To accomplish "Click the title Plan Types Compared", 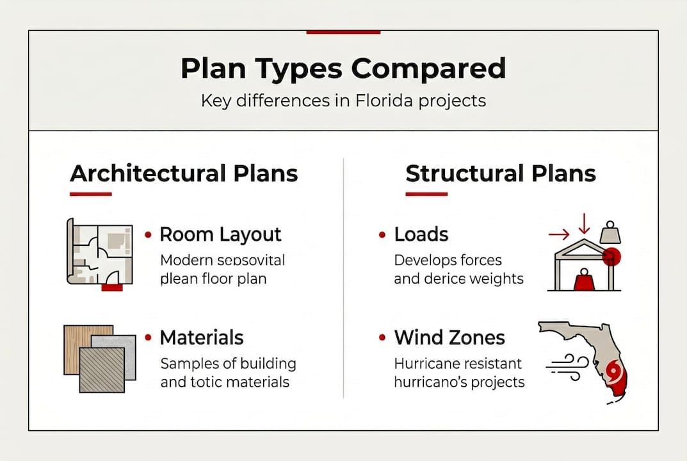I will pos(343,69).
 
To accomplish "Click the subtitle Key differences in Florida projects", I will pos(343,101).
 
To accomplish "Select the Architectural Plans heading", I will pos(184,174).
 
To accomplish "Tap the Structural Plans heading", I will pos(501,174).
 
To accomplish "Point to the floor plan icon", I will pos(100,252).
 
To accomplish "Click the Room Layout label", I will pos(220,234).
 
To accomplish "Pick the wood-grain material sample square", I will pos(88,349).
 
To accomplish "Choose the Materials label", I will pos(202,337).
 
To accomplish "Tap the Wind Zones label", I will pos(449,337).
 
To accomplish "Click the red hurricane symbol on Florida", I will pos(613,371).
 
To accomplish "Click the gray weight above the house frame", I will pos(610,233).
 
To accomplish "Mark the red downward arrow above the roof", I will pos(583,223).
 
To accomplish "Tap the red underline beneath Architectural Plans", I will pos(90,193).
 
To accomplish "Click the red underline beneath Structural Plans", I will pos(426,193).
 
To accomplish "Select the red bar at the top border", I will pos(343,31).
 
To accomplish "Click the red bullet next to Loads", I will pos(382,235).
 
